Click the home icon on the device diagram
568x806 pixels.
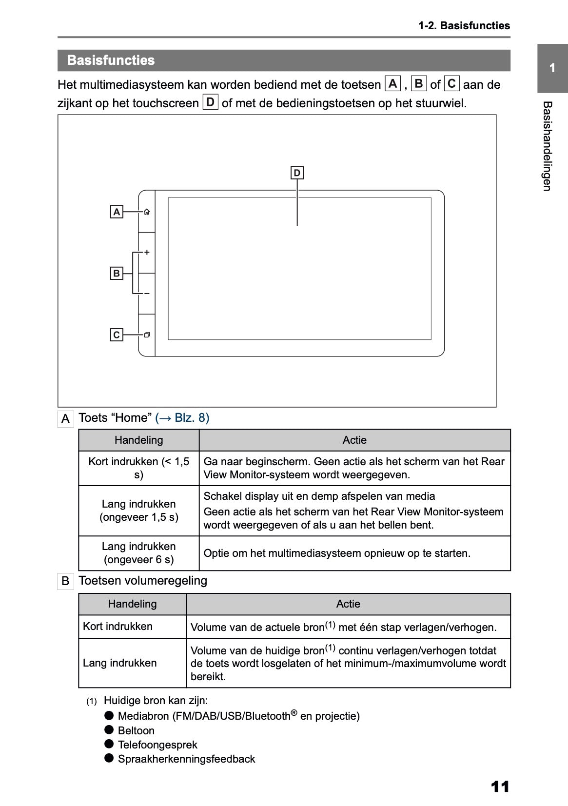[x=147, y=212]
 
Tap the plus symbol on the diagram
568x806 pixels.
[x=147, y=253]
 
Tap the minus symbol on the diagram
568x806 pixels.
[x=147, y=294]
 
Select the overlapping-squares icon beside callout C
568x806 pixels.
[x=147, y=335]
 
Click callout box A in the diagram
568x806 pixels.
[x=117, y=212]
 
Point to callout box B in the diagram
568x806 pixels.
[x=117, y=274]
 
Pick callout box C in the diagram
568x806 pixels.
[x=117, y=335]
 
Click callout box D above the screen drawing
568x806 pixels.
[x=297, y=173]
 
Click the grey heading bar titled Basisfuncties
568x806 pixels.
[x=284, y=60]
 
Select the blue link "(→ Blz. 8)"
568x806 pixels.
[x=182, y=418]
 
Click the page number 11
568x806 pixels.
[x=500, y=786]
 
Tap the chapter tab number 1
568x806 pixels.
[x=552, y=68]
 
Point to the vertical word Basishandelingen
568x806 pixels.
[x=547, y=146]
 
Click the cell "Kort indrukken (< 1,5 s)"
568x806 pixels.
[x=139, y=468]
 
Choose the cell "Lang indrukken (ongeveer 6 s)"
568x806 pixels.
[x=139, y=553]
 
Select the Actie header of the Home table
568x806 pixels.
[x=354, y=440]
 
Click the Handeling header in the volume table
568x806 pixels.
[x=133, y=604]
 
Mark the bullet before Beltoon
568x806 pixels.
[x=109, y=730]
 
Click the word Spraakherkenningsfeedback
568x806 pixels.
[x=186, y=759]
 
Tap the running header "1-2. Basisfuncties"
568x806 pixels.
[x=464, y=26]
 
